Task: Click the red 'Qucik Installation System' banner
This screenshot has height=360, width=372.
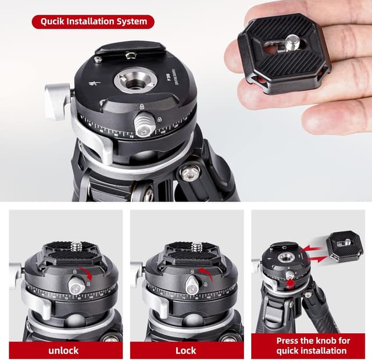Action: [93, 22]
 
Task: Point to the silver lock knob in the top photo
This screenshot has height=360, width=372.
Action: [144, 124]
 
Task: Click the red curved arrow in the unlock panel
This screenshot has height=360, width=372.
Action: [87, 272]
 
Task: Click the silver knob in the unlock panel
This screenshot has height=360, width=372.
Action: [75, 284]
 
